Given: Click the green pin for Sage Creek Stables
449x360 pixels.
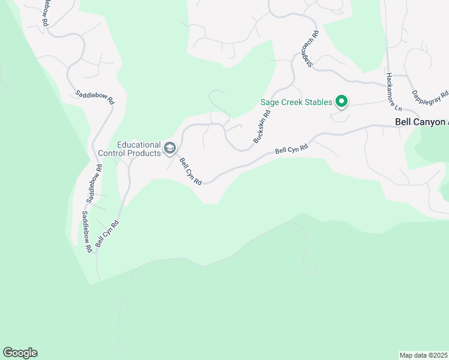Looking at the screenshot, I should [x=342, y=101].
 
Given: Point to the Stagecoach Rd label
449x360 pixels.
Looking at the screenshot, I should [x=309, y=49].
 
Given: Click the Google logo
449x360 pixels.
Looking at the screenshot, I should [x=20, y=353].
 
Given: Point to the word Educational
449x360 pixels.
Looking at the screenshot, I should [x=139, y=145].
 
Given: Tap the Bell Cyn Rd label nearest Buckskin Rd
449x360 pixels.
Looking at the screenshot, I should [x=291, y=149].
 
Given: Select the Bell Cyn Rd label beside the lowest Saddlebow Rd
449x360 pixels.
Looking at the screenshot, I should [x=107, y=235].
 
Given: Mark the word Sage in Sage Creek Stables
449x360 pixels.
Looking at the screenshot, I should [x=269, y=102].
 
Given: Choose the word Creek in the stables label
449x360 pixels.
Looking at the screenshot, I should [x=290, y=102].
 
